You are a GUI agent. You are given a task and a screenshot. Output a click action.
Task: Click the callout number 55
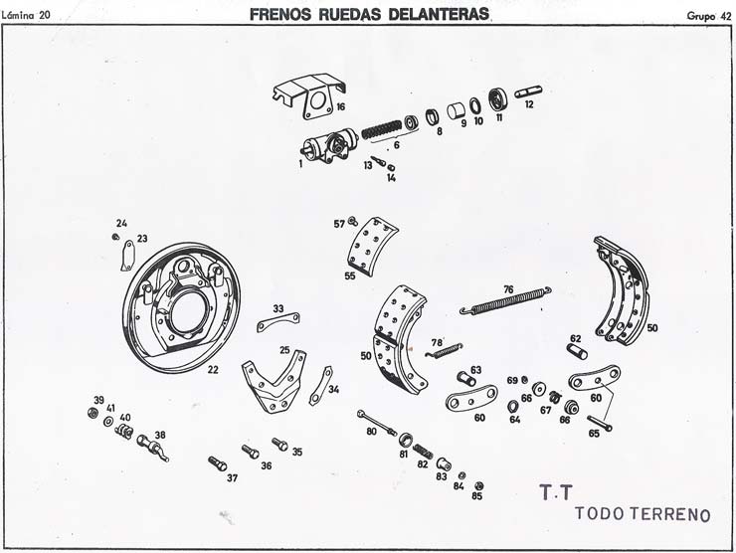coord(349,276)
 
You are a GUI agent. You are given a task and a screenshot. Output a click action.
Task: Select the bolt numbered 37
coord(218,463)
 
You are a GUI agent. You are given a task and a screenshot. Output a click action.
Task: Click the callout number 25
coord(285,350)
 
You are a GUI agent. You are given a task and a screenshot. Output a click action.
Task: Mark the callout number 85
coord(476,496)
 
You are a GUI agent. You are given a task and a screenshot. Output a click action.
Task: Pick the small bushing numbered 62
coord(576,350)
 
